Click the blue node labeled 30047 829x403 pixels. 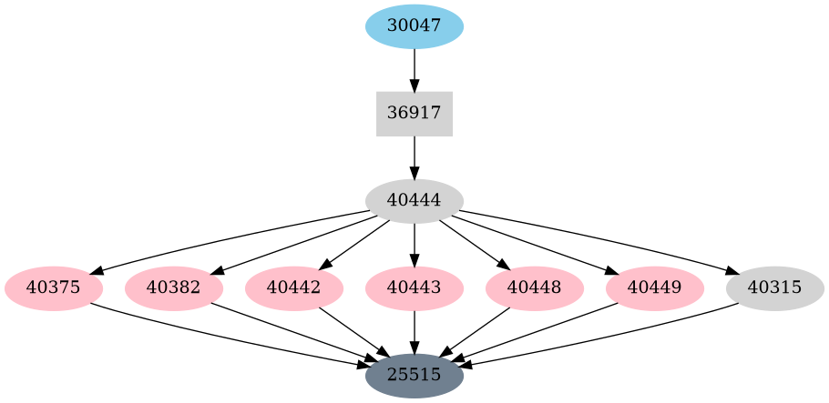click(414, 25)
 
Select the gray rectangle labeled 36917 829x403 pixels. click(414, 114)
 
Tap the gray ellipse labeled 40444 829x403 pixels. click(414, 201)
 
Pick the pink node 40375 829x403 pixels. click(54, 288)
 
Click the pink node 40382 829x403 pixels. click(174, 288)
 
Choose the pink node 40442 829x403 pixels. click(294, 288)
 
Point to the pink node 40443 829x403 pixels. click(414, 288)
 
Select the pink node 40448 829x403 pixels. click(535, 288)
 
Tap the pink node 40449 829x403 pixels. click(655, 288)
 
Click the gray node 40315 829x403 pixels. click(775, 288)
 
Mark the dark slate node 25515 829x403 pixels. click(414, 375)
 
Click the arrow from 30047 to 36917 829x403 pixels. click(414, 69)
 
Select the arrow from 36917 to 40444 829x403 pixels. click(414, 157)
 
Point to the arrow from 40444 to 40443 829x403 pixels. click(414, 244)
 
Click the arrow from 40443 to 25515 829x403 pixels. click(414, 331)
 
